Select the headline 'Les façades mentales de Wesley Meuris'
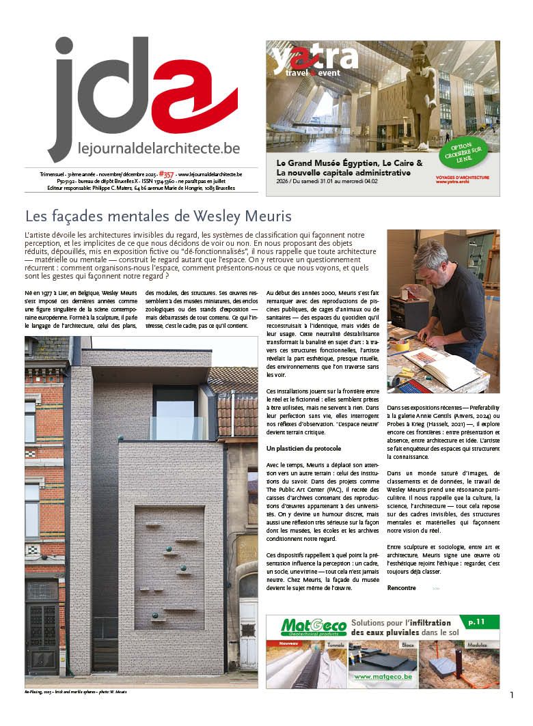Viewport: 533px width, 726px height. pos(159,217)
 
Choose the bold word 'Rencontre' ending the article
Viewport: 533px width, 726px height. pos(401,587)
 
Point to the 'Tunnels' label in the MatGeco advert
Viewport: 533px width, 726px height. pos(336,643)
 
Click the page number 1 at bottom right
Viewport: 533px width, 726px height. pos(511,695)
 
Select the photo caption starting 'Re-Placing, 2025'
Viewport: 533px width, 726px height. pos(76,692)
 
